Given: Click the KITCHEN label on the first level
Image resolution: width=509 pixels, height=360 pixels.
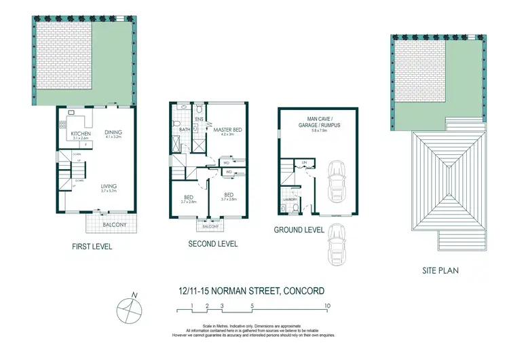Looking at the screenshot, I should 81,134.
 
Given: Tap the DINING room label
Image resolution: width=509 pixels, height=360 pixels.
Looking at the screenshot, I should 113,132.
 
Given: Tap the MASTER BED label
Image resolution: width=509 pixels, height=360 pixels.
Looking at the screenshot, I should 223,129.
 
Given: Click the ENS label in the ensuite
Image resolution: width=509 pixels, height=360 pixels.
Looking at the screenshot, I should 199,120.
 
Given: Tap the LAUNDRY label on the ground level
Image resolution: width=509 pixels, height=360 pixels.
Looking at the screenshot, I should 286,199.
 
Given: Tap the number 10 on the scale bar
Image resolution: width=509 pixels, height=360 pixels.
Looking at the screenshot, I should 328,306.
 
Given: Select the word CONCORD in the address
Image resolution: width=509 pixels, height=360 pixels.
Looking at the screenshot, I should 294,290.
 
